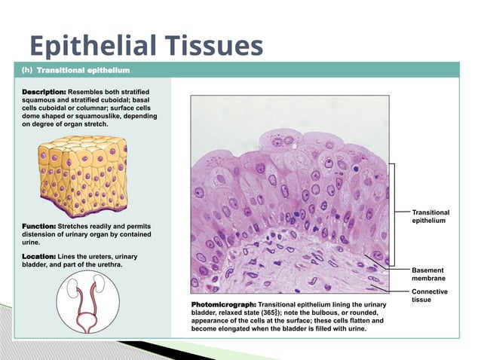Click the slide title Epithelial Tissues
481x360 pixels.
(x=145, y=46)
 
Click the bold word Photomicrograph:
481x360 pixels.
(x=224, y=304)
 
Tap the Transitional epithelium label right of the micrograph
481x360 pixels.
(x=430, y=217)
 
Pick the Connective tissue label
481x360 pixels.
(x=430, y=296)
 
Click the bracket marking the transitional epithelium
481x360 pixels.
(x=393, y=215)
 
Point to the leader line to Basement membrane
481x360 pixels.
(x=384, y=264)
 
